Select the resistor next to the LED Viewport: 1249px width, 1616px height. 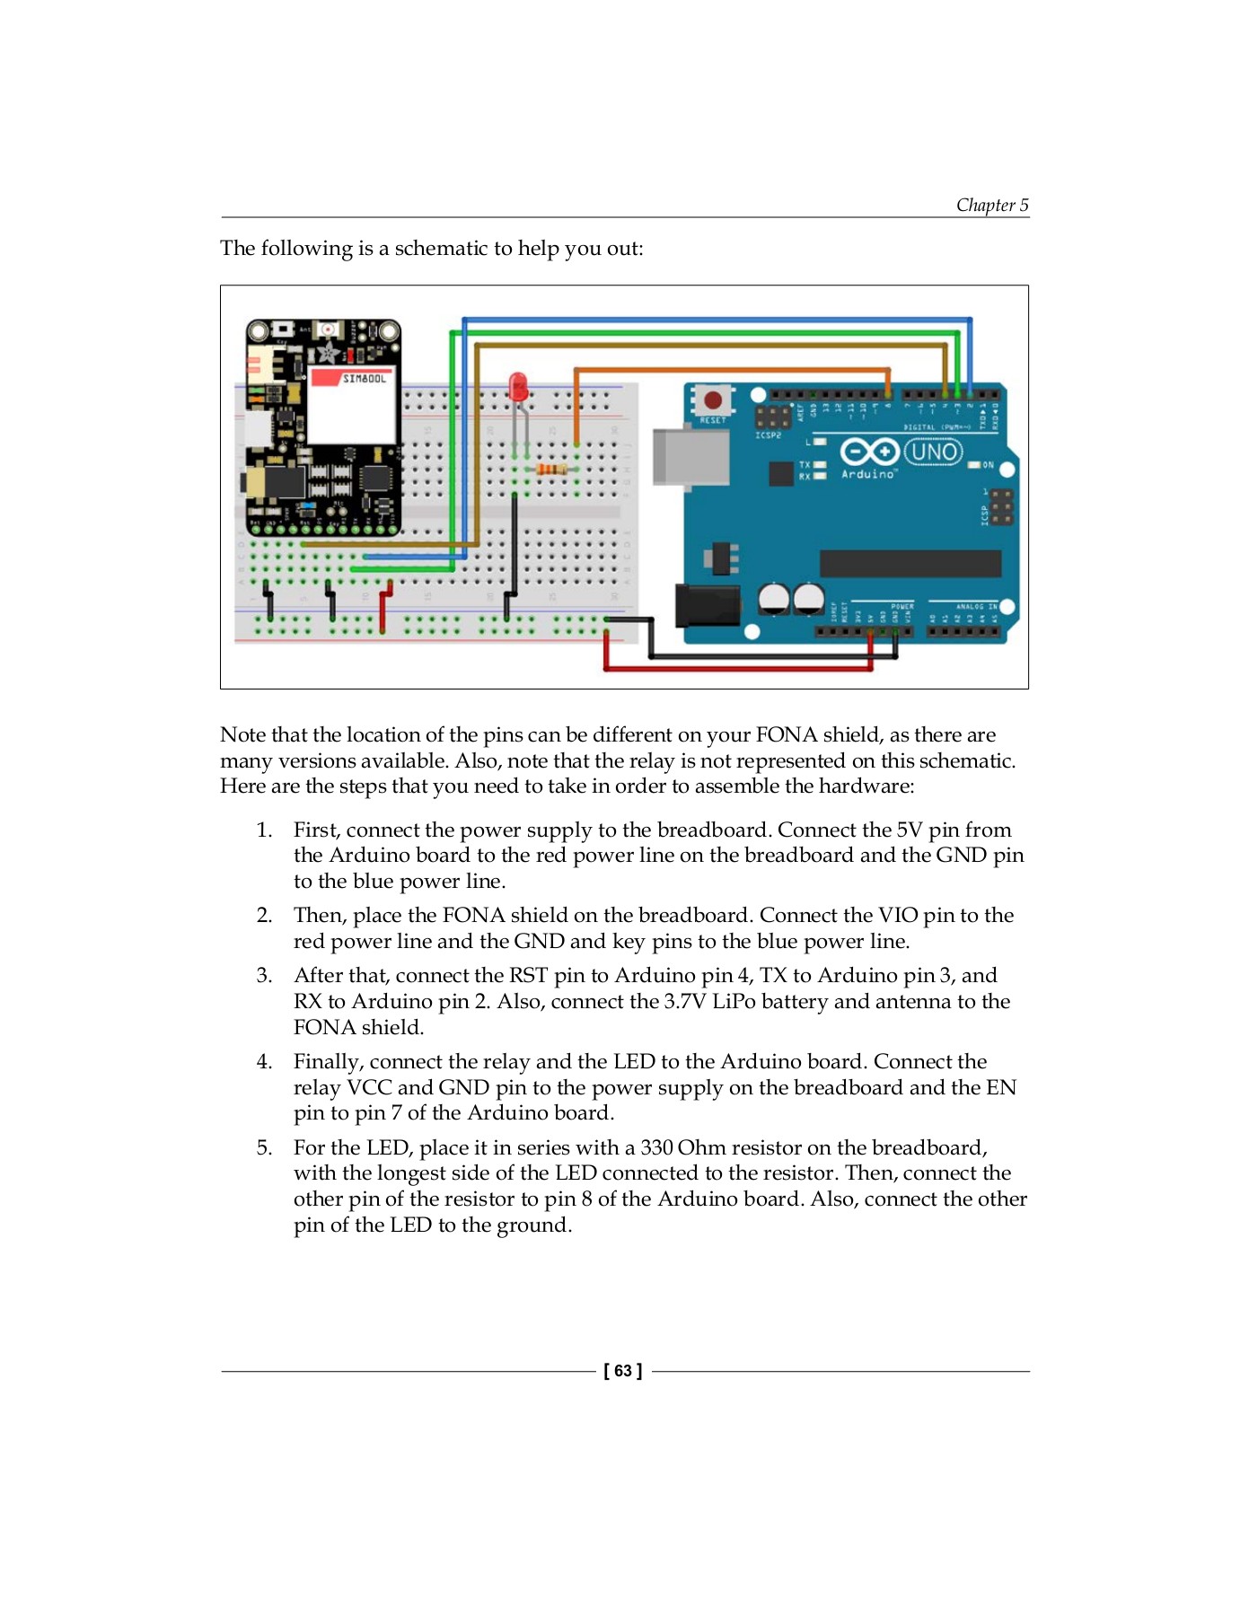(x=550, y=469)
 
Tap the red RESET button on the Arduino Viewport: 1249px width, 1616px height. (x=712, y=400)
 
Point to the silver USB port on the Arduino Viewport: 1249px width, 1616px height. (x=690, y=456)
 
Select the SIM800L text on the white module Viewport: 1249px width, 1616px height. (x=364, y=379)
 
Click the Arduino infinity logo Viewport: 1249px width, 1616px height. (x=868, y=451)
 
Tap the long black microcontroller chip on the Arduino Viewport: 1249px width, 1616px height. (x=910, y=563)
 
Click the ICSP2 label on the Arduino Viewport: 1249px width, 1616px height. (x=768, y=435)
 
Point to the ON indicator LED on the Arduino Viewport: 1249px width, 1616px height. (x=974, y=465)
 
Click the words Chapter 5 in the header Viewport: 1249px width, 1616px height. (x=991, y=205)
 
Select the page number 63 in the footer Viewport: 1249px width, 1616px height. (x=623, y=1371)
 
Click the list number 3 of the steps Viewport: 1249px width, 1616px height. (x=263, y=976)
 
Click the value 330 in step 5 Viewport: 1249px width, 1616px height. (x=656, y=1148)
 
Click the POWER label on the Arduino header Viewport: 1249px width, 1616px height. (x=902, y=606)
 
